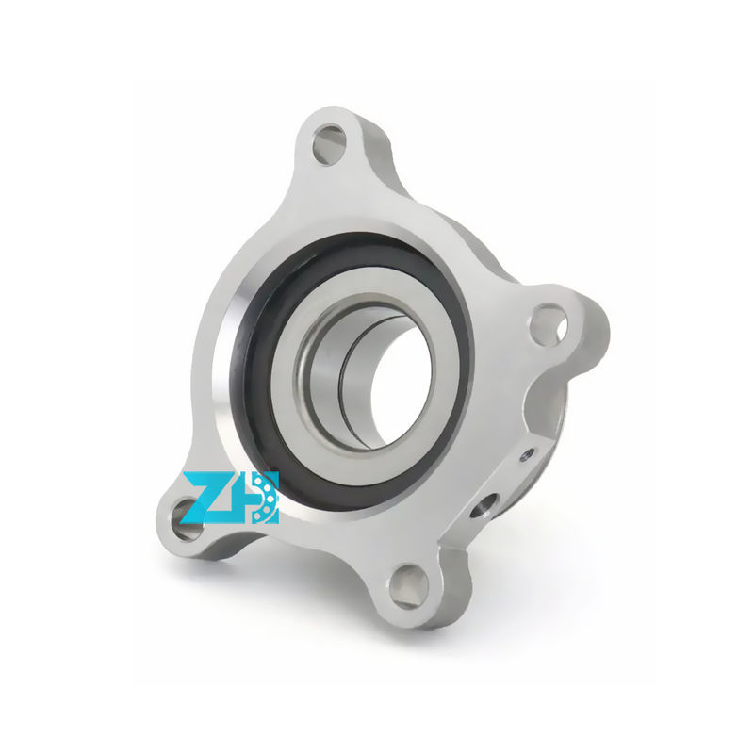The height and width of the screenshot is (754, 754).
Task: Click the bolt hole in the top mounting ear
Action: [x=329, y=144]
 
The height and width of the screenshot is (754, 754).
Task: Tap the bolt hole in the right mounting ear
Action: [x=548, y=324]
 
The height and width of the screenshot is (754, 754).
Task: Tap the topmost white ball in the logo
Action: [x=267, y=479]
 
